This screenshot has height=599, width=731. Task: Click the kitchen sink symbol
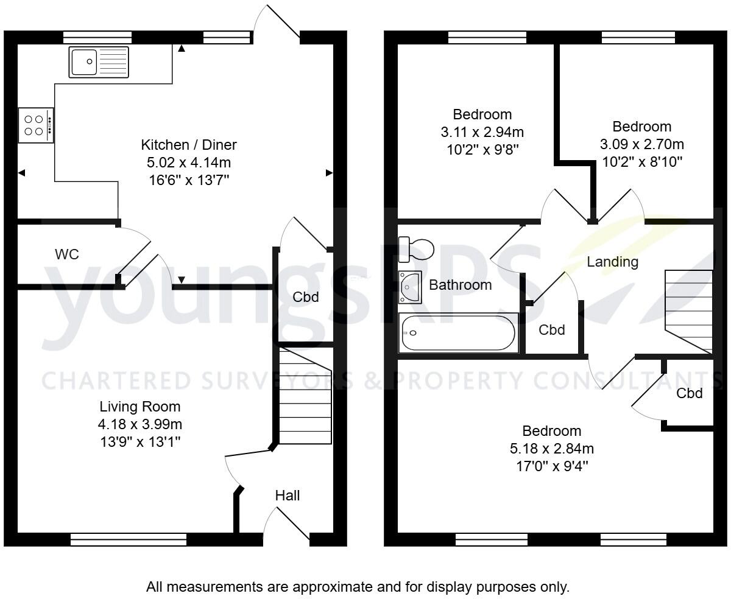tap(99, 61)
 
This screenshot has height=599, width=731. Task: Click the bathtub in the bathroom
tap(458, 332)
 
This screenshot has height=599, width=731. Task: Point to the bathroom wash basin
tap(410, 287)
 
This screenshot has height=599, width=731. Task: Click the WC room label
tap(67, 254)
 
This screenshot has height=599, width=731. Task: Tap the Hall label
tap(288, 496)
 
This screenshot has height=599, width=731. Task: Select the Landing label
tap(612, 262)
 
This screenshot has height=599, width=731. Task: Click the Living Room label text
tap(140, 407)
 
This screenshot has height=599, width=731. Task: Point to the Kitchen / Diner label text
tap(189, 145)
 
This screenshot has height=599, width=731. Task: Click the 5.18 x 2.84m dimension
tap(552, 449)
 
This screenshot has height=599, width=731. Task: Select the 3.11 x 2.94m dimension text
tap(482, 131)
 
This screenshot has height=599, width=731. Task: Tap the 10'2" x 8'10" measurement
tap(641, 162)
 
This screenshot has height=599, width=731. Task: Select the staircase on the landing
tap(690, 310)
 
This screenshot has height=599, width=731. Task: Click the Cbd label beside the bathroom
tap(552, 330)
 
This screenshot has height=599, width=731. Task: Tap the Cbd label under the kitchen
tap(306, 297)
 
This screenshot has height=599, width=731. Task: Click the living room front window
tap(129, 539)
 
